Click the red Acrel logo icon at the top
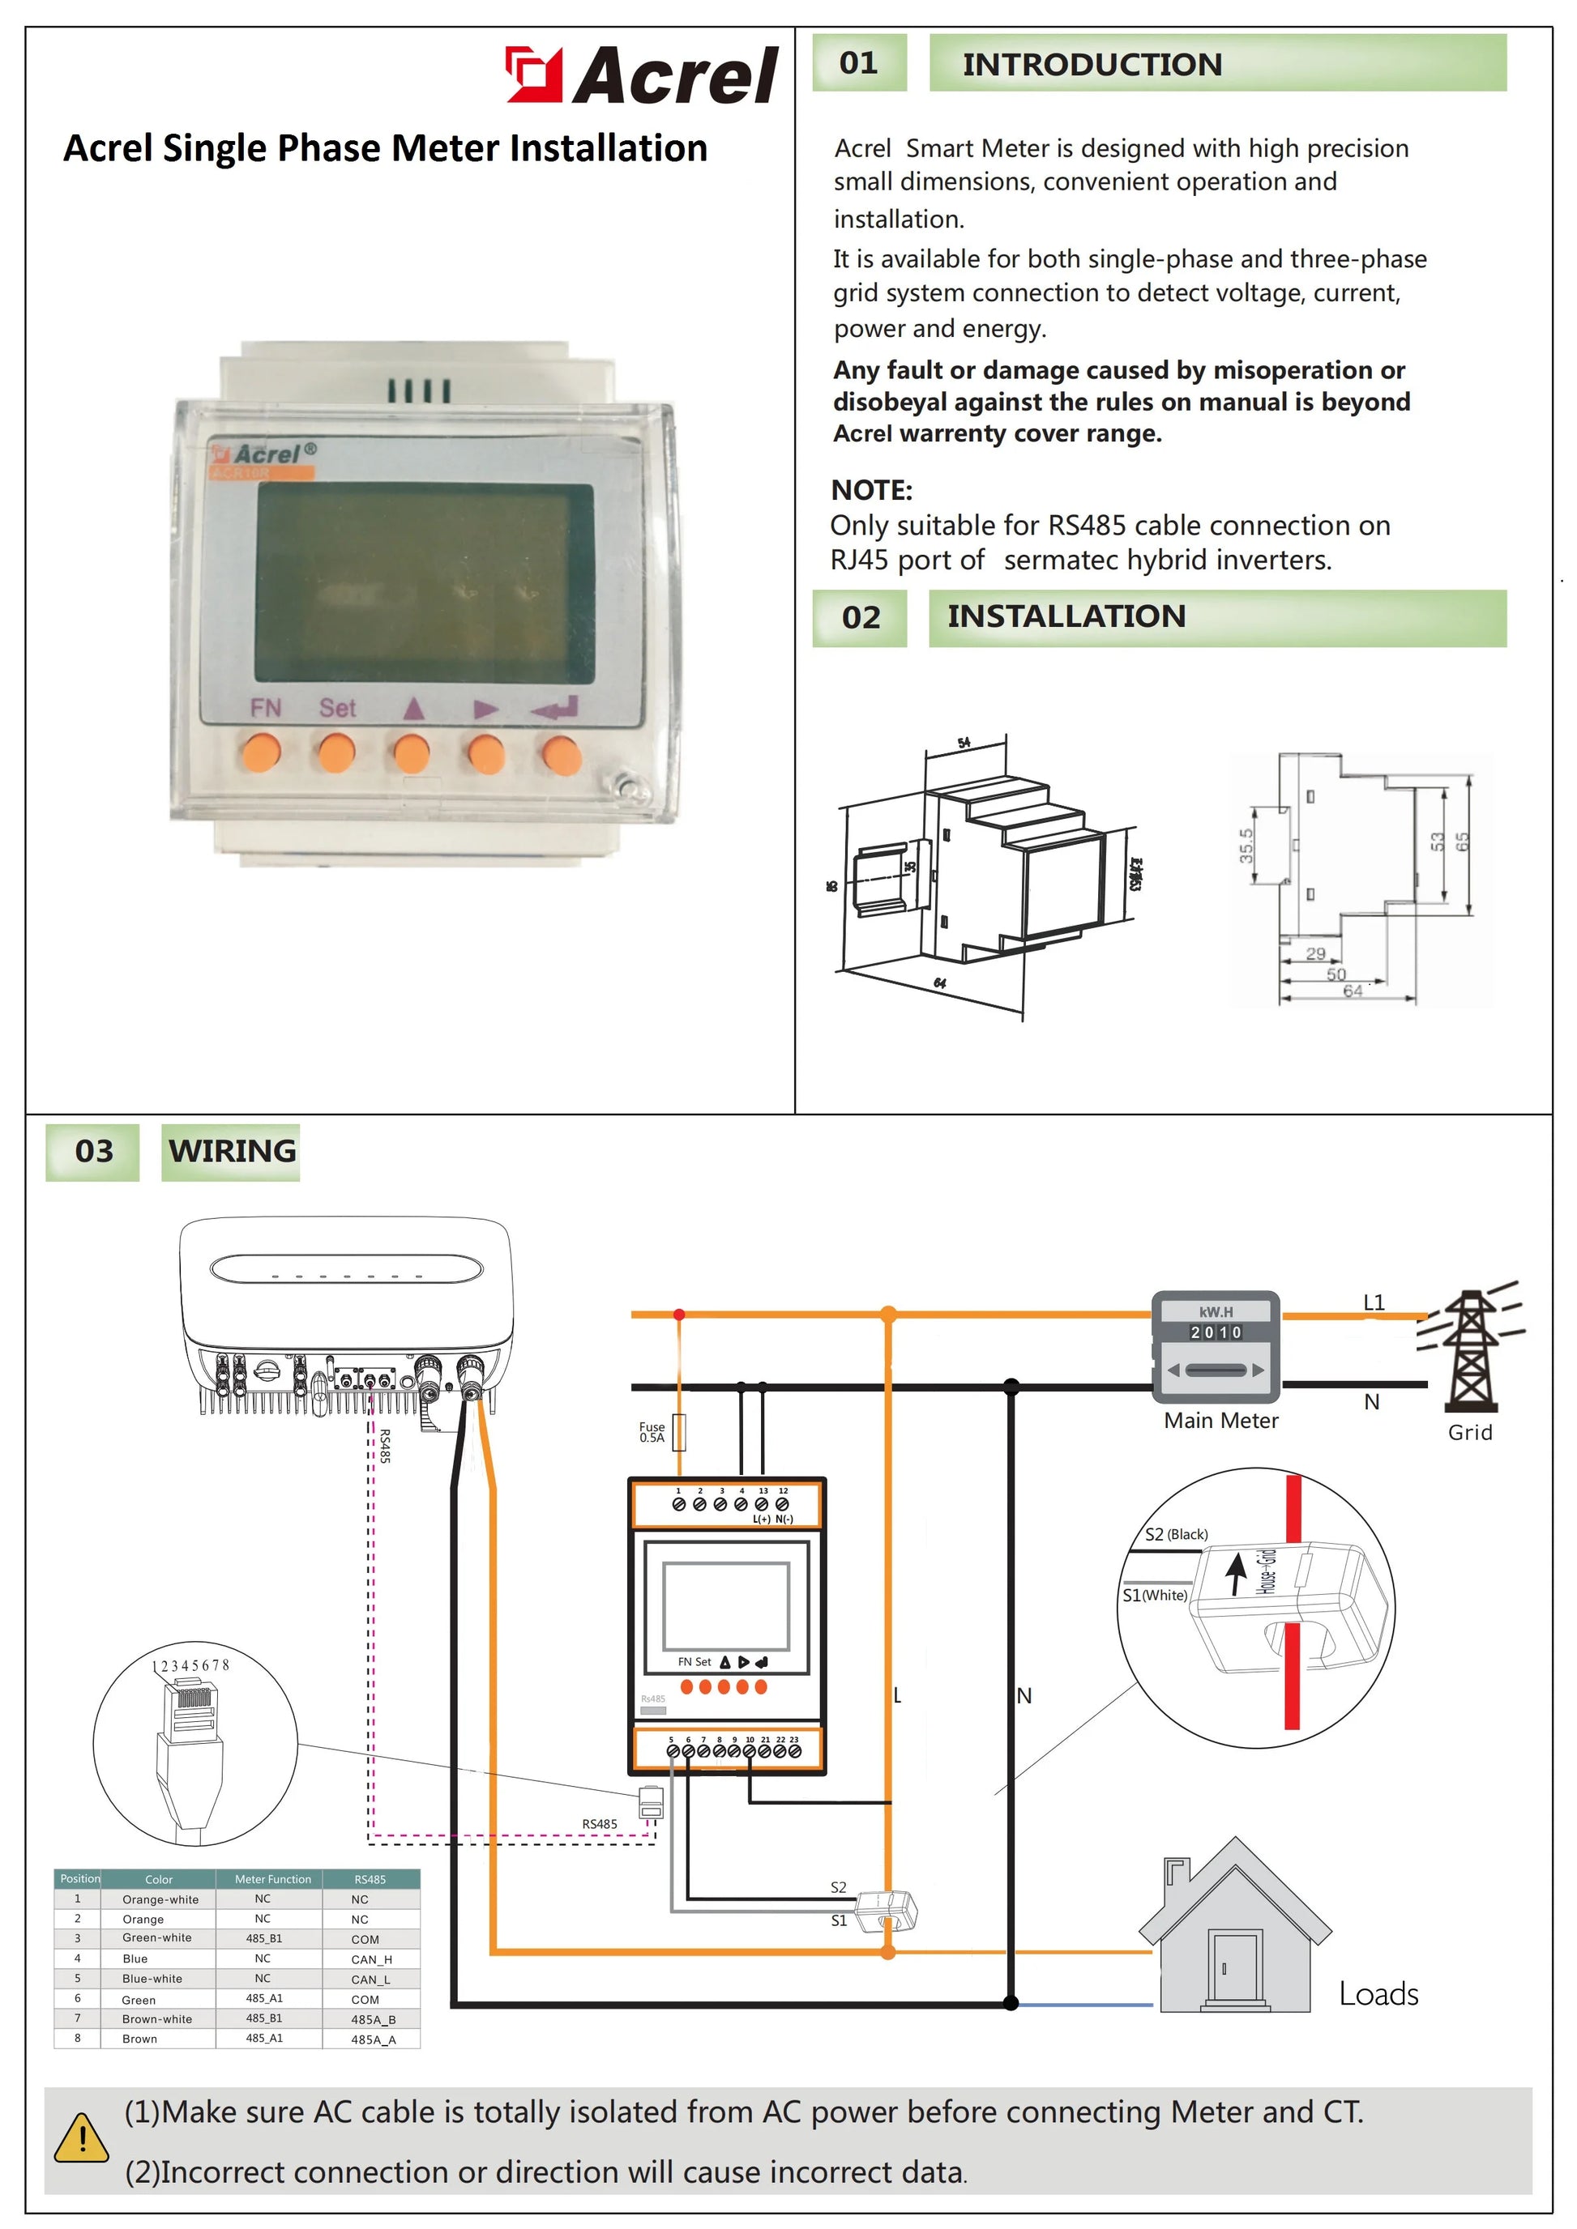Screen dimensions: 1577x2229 [x=533, y=75]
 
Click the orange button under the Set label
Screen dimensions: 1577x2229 [x=336, y=752]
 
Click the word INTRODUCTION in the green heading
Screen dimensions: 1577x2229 [x=1092, y=64]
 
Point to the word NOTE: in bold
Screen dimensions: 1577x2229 [x=871, y=490]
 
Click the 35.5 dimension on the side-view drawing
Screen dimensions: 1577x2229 [x=1246, y=846]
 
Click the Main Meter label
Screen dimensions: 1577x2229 [x=1220, y=1421]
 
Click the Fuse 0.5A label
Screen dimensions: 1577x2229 [x=652, y=1432]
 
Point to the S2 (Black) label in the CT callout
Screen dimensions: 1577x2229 [x=1176, y=1534]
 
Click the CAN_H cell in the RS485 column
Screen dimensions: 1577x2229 [x=371, y=1959]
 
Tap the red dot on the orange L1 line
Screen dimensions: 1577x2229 [x=679, y=1315]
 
